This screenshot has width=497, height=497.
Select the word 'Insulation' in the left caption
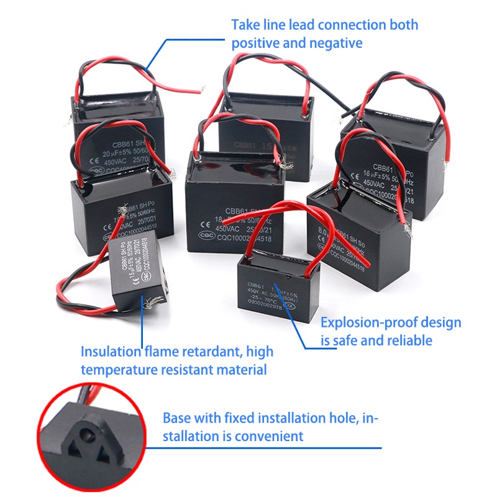[x=110, y=352]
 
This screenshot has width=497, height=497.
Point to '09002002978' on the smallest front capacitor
[x=269, y=306]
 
